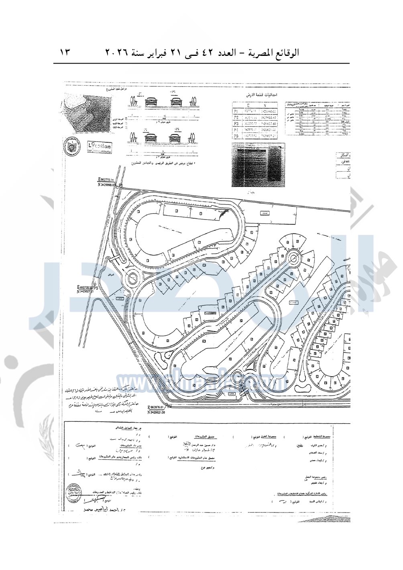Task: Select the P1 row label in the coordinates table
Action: (236, 110)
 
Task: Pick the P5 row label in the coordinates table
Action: (236, 136)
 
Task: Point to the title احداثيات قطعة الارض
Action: (262, 95)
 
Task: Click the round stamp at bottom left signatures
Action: (75, 490)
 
